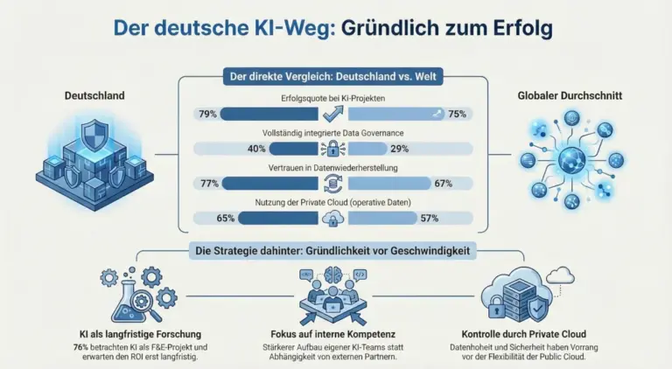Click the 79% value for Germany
point(207,113)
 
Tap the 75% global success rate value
point(457,113)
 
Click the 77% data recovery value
point(207,183)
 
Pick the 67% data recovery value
point(442,183)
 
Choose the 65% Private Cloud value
point(224,218)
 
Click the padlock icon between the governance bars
point(333,148)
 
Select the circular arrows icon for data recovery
point(333,183)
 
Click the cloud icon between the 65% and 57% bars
point(333,218)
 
